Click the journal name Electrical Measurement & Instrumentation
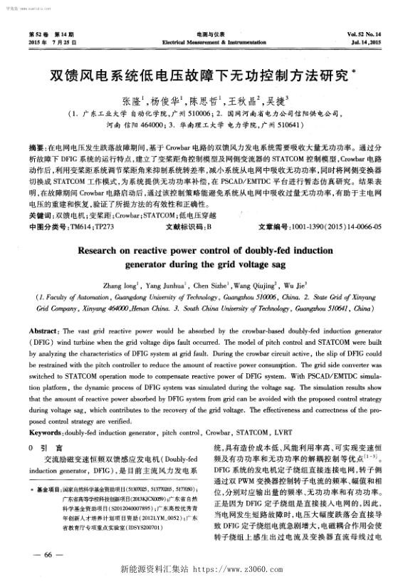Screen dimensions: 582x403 click(x=201, y=42)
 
